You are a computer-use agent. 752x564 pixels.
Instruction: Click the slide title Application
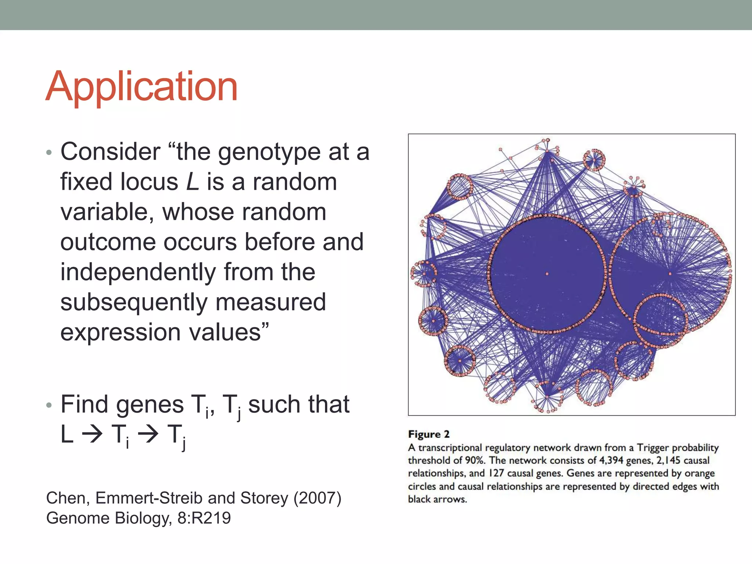click(x=142, y=87)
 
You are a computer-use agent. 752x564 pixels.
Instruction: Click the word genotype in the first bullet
click(x=269, y=152)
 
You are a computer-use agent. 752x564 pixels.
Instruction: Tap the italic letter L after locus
click(x=192, y=182)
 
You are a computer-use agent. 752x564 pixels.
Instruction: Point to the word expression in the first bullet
click(x=120, y=332)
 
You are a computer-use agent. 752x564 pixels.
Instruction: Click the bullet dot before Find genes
click(x=49, y=405)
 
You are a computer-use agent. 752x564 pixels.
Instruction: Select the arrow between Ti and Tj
click(x=148, y=435)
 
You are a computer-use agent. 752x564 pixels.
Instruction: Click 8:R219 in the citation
click(x=204, y=518)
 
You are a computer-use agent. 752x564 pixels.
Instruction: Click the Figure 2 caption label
click(x=429, y=434)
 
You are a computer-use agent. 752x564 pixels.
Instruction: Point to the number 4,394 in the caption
click(x=611, y=460)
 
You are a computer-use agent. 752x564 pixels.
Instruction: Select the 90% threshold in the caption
click(x=475, y=460)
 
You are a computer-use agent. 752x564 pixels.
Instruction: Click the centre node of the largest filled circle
click(x=547, y=274)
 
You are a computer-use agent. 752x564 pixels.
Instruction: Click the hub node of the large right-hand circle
click(x=670, y=274)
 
